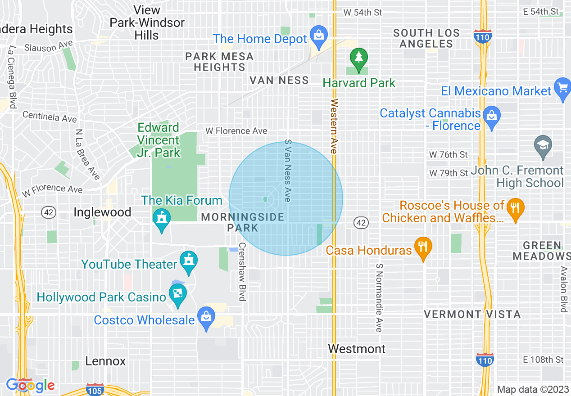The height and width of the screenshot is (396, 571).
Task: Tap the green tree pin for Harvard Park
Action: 358,59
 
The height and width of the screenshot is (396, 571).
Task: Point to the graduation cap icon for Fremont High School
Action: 543,146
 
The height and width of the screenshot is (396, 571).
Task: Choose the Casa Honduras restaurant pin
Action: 423,248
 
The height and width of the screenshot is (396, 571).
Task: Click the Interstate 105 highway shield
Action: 95,390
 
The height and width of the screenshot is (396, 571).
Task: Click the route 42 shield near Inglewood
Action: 48,212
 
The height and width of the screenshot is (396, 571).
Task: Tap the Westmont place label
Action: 357,349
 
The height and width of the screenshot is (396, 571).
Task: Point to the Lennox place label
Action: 105,361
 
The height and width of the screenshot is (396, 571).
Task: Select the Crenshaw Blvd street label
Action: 242,272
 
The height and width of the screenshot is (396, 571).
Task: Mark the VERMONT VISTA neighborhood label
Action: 472,314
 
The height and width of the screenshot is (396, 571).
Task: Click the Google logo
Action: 30,385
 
